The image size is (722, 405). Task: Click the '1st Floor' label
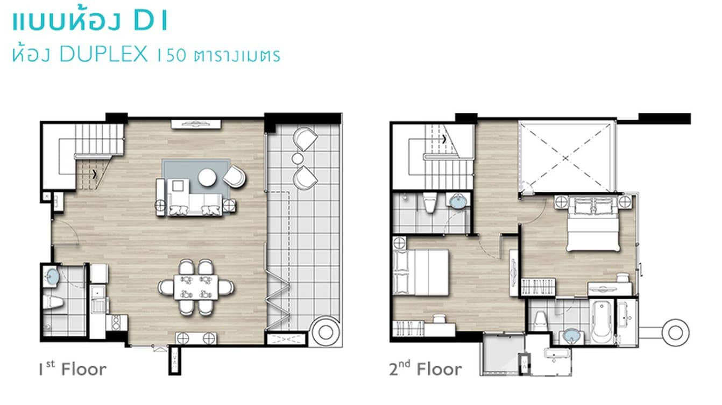[72, 370]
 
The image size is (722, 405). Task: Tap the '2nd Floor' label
[425, 370]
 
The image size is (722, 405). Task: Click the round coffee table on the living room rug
[207, 177]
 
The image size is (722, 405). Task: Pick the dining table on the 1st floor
[196, 287]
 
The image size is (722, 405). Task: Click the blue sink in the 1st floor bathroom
[52, 277]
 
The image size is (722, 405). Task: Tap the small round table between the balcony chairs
[298, 158]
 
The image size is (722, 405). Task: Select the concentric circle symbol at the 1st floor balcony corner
[325, 332]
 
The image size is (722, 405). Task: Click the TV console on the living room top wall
[196, 124]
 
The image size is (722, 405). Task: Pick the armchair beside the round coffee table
[235, 176]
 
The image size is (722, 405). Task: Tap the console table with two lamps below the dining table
[196, 338]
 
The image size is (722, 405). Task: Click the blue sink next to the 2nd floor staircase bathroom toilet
[458, 201]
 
